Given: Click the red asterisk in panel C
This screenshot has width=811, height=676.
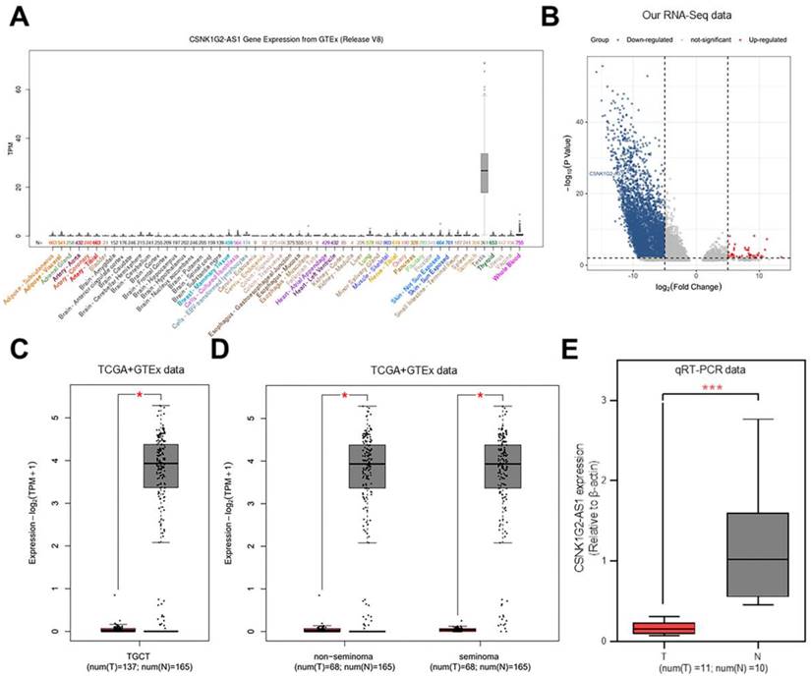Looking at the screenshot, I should [139, 395].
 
